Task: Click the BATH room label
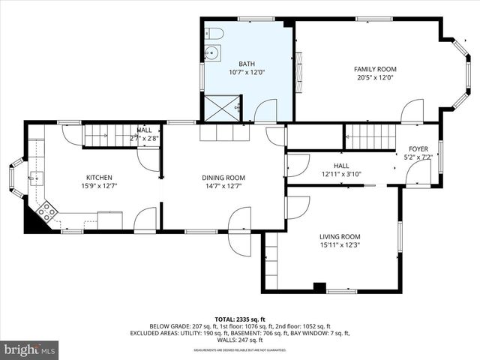247,64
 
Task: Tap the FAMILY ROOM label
375,69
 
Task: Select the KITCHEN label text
99,178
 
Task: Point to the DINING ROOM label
223,178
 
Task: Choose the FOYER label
418,149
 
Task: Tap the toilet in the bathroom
214,34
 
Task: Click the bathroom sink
211,52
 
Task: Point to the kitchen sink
36,178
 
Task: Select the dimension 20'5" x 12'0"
375,78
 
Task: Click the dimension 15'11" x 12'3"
340,245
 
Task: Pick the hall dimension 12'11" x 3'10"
341,174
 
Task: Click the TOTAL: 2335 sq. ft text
241,319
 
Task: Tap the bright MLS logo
30,349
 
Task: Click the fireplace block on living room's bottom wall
319,287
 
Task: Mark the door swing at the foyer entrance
416,174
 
